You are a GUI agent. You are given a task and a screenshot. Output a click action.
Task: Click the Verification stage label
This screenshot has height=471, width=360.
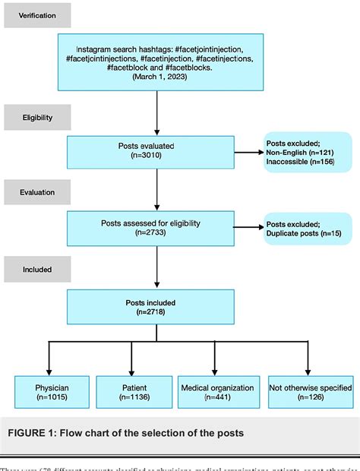click(36, 14)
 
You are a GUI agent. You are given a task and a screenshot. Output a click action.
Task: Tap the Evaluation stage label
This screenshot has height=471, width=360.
click(36, 193)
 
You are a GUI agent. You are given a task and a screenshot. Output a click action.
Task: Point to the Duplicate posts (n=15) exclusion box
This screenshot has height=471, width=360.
click(307, 229)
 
